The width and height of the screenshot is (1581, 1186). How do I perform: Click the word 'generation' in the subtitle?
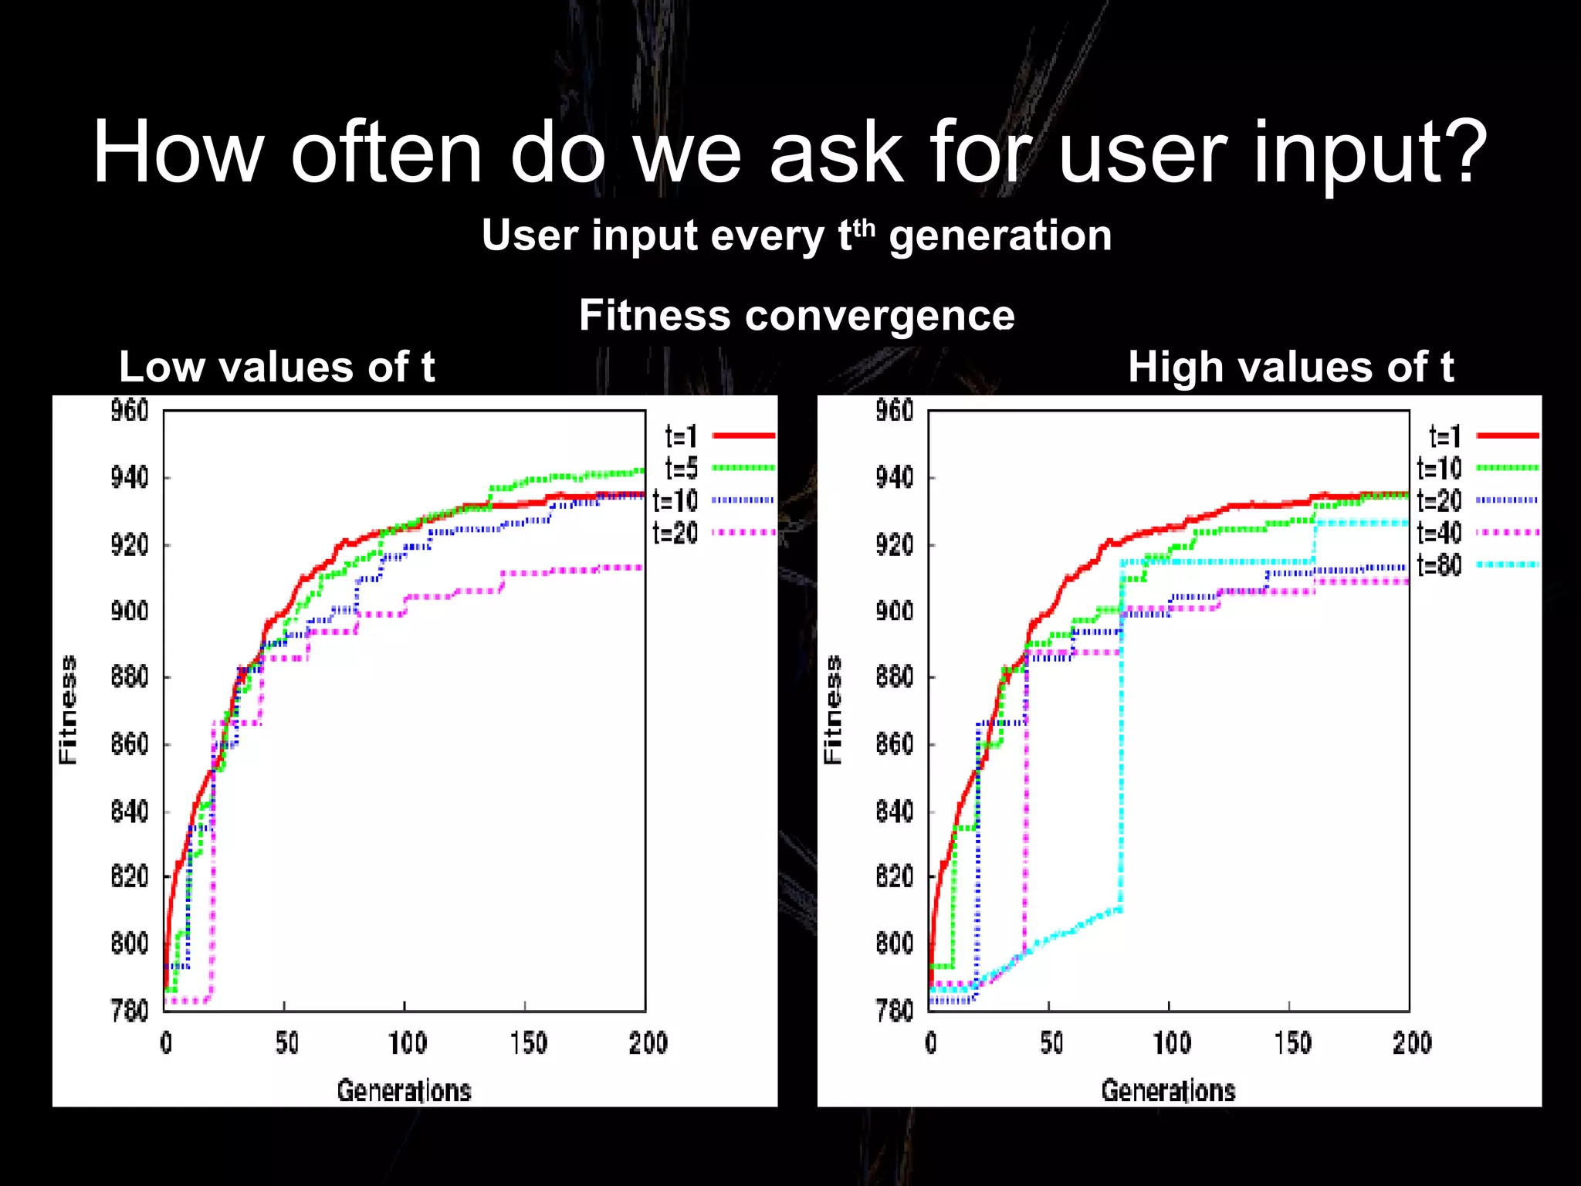1000,236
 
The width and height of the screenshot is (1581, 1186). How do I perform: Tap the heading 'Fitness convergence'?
797,315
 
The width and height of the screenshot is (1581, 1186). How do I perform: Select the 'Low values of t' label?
276,367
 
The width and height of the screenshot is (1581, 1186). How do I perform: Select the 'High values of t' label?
1290,367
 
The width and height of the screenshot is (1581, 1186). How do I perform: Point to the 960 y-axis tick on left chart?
130,411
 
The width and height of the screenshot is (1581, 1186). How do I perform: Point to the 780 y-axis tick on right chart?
895,1010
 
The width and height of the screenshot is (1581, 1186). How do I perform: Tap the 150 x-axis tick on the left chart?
528,1043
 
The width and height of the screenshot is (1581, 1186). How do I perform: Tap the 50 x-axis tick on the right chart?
1051,1043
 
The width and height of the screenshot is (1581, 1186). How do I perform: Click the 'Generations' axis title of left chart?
404,1090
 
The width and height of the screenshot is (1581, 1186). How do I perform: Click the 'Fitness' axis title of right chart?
832,710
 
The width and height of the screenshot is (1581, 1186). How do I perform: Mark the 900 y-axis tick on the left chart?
130,612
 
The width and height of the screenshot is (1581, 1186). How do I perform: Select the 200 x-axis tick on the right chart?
1411,1043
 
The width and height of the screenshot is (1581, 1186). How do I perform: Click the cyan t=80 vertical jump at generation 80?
1121,734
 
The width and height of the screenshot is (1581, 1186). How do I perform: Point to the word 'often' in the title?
386,151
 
